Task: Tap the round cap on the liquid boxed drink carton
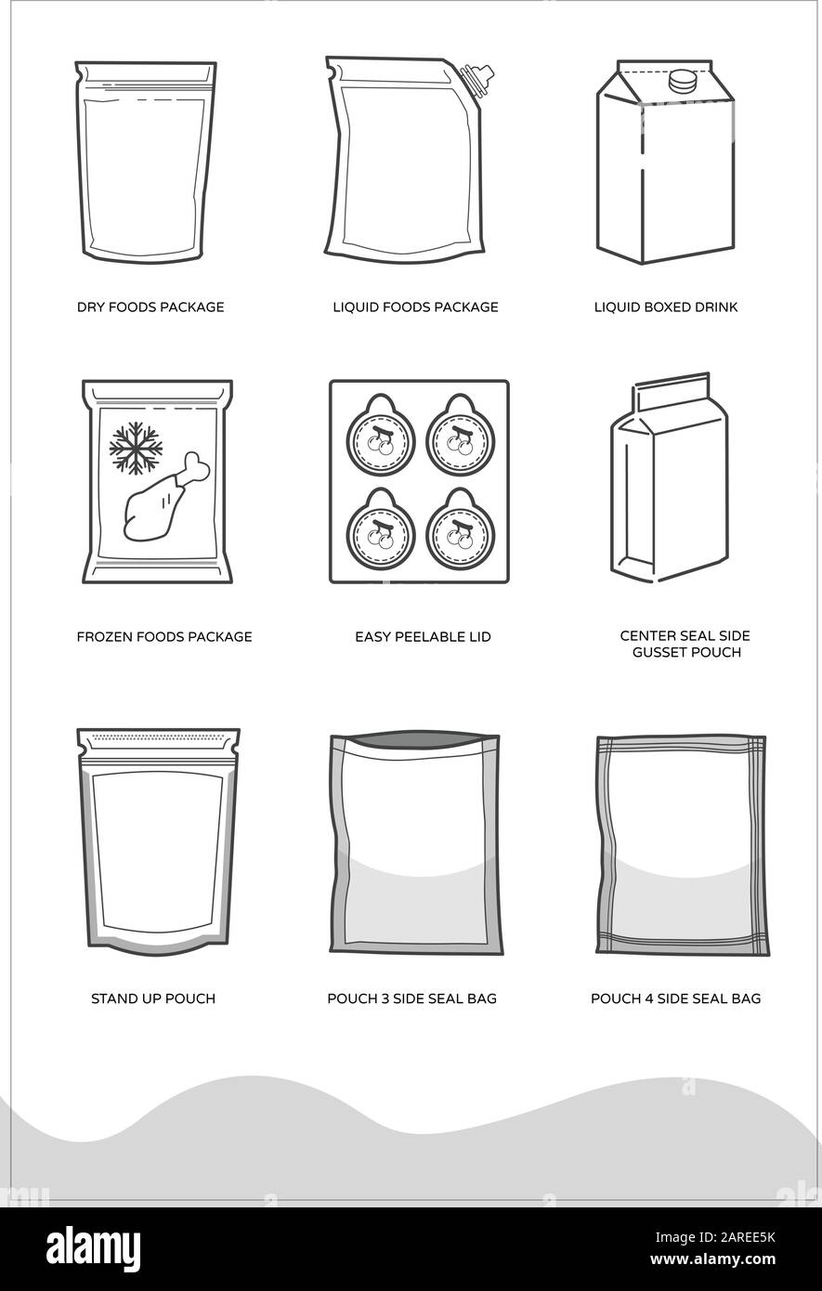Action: (684, 81)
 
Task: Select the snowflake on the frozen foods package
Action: (136, 447)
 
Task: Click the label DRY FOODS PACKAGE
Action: (150, 307)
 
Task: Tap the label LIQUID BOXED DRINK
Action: (666, 307)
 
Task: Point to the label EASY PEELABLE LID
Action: (423, 637)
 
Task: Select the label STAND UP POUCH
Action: (153, 999)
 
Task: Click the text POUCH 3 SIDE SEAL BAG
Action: (411, 999)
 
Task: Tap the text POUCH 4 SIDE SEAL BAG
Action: (676, 999)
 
